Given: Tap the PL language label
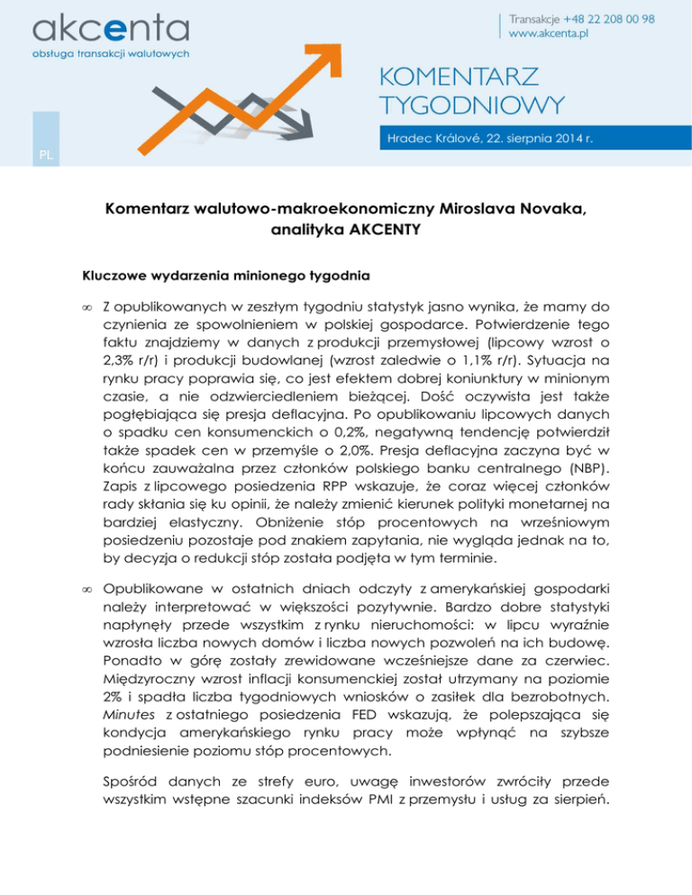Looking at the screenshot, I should click(x=46, y=154).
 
